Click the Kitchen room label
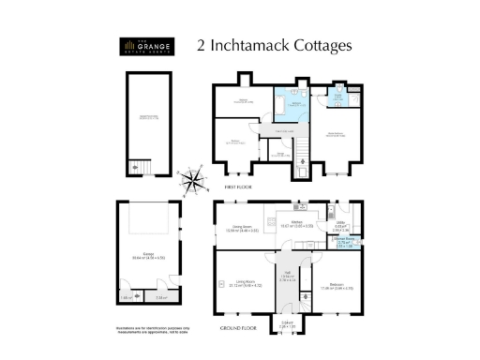pos(304,223)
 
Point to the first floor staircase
pos(302,158)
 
